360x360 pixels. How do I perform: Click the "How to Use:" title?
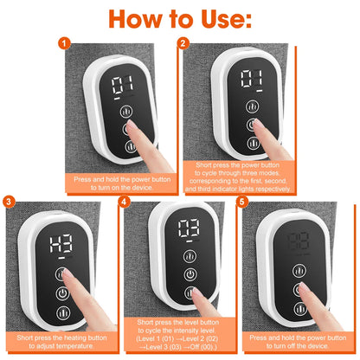(180, 19)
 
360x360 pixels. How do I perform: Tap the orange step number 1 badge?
(61, 42)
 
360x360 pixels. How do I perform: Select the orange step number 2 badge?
(184, 42)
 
